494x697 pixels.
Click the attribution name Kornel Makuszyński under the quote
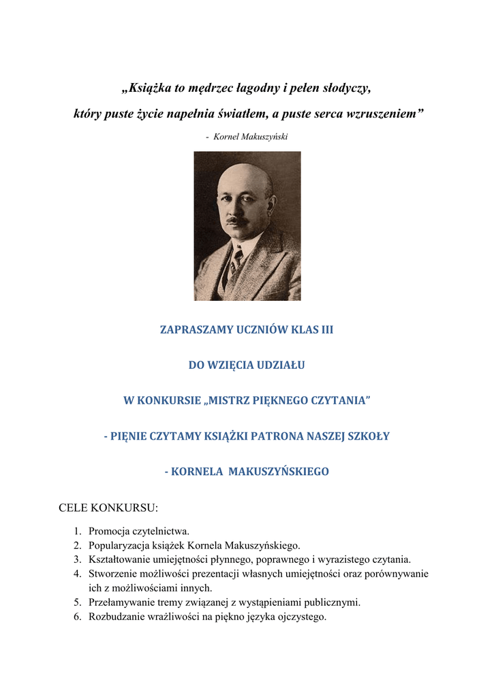point(251,137)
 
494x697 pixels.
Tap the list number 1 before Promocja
point(77,531)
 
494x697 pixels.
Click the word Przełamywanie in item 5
point(121,602)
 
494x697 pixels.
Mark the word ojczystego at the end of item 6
point(302,617)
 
